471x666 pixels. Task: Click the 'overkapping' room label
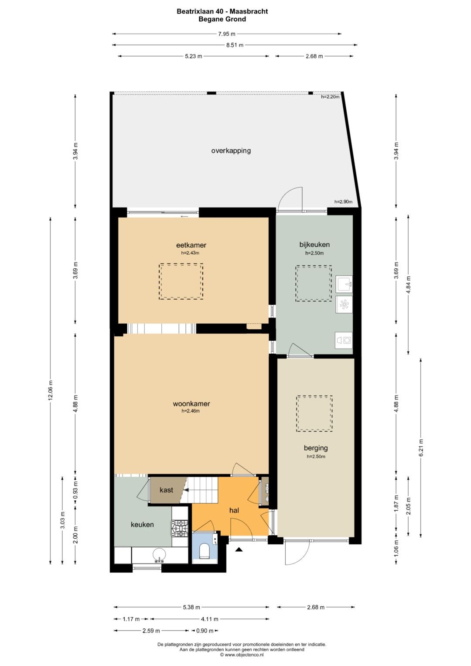coord(231,151)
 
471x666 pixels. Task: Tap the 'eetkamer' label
coord(191,245)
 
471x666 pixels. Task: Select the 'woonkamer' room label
coord(191,404)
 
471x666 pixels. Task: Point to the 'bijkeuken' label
coord(314,245)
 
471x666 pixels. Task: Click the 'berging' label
coord(316,448)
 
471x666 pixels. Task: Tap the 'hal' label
coord(234,510)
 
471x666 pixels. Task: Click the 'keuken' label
coord(143,525)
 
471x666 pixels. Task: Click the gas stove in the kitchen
coord(180,528)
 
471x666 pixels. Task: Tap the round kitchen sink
coord(159,554)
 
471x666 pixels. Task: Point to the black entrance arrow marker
coord(239,550)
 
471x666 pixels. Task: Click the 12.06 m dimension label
coord(51,390)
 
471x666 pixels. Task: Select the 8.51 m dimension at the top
coord(235,45)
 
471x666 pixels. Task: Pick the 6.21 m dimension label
coord(421,447)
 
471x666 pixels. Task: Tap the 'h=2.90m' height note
coord(344,202)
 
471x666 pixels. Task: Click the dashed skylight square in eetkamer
coord(181,281)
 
